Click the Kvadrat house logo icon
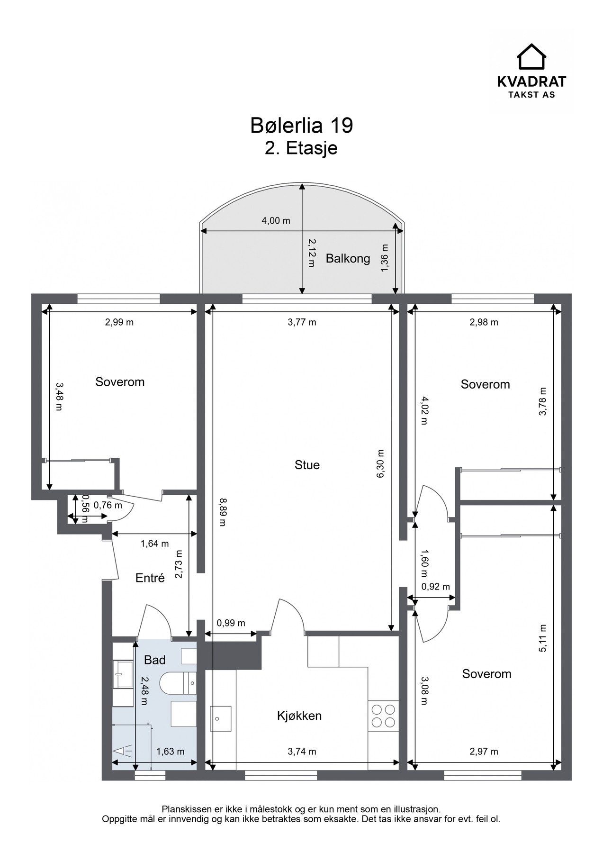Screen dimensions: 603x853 point(531,57)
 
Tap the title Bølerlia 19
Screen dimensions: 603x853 point(301,126)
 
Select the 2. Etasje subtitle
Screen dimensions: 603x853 point(301,148)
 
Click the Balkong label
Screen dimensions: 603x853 point(348,259)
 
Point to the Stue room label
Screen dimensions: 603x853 point(307,465)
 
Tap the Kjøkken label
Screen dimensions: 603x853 point(299,716)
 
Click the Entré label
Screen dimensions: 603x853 point(150,578)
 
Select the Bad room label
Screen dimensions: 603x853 point(155,660)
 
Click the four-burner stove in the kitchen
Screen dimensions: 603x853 point(384,716)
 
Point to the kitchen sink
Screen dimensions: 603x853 point(221,719)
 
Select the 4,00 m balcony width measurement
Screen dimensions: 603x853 point(276,221)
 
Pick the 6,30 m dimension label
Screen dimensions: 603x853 point(380,464)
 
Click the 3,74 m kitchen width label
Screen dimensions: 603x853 point(302,752)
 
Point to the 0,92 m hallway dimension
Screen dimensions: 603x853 point(436,587)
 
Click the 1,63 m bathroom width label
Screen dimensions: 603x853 point(171,752)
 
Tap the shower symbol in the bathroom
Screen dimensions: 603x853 point(123,751)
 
